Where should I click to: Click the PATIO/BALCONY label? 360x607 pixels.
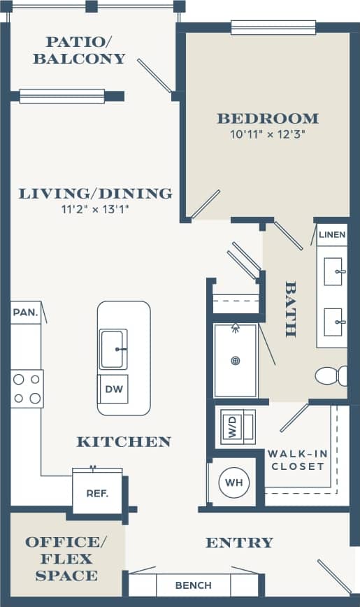coord(79,50)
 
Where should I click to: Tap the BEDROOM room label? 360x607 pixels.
coord(267,118)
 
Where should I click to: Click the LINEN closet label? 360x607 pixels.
coord(332,234)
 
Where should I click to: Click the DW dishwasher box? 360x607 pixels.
coord(113,389)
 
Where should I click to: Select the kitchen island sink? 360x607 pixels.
coord(113,349)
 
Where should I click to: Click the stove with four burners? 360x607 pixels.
coord(27,389)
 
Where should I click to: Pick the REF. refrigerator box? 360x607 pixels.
coord(97,493)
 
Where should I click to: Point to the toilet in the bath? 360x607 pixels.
coord(331,376)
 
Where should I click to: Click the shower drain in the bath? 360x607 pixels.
coord(236,361)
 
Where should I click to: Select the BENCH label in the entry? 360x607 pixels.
coord(193,585)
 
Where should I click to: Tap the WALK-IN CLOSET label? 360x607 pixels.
coord(298,459)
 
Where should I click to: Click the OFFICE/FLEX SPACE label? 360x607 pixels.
coord(62,559)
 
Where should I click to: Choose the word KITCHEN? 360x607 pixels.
coord(124,441)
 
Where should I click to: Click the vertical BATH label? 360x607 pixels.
coord(290,309)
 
